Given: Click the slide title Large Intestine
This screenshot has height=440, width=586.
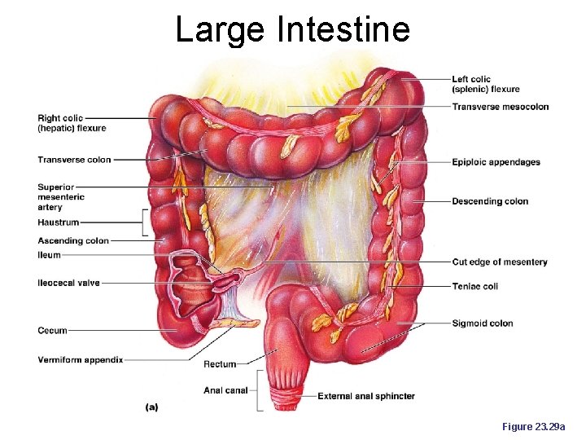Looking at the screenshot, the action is tap(292, 29).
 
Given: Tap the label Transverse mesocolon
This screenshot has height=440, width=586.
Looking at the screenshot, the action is tap(500, 107).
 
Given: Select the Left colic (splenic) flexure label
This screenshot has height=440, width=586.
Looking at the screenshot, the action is tap(485, 84).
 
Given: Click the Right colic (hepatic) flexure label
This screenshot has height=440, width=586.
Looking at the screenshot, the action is tap(72, 123).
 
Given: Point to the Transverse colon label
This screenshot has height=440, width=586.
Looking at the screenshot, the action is tap(74, 160).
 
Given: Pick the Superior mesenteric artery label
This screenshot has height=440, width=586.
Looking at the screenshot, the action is tap(60, 197).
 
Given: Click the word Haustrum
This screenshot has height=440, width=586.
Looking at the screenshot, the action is tap(58, 222).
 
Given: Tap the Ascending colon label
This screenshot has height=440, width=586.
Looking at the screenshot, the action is tap(72, 240).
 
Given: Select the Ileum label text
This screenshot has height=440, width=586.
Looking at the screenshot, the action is tap(49, 255).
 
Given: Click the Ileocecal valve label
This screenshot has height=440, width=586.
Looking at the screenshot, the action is tap(68, 283).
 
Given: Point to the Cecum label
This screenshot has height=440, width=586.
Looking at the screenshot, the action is tap(52, 331).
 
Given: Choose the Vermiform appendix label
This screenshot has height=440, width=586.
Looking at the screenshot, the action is tap(80, 359).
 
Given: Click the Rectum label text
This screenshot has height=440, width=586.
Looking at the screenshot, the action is tap(220, 364).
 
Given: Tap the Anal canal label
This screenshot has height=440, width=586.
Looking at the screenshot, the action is tap(225, 390).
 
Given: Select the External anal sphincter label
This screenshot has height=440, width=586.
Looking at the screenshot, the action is tap(365, 397).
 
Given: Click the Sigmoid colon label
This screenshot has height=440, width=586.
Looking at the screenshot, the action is tap(482, 323).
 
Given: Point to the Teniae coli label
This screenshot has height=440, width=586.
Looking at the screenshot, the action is tap(474, 287).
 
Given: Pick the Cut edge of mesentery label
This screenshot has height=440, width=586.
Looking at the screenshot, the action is tap(499, 262).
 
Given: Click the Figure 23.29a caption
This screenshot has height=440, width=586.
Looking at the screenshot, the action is tap(539, 427).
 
